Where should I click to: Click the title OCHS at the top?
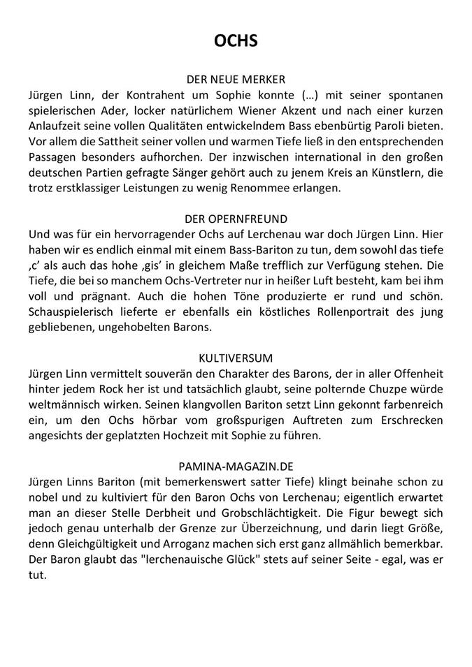pyautogui.click(x=236, y=41)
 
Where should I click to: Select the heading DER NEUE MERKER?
pyautogui.click(x=236, y=80)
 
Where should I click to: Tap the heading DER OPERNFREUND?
pyautogui.click(x=236, y=219)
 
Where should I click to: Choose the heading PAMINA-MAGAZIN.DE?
pyautogui.click(x=236, y=464)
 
